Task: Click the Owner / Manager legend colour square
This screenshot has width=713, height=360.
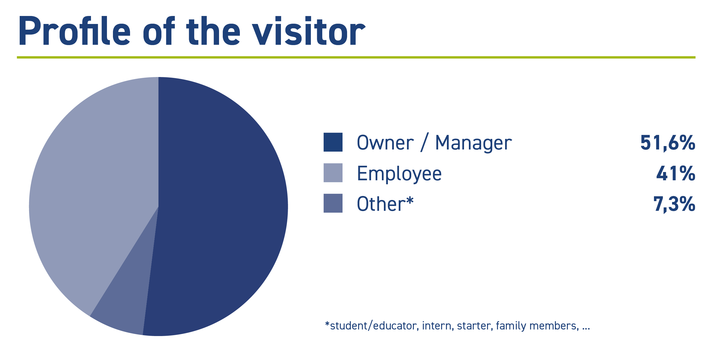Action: pos(333,142)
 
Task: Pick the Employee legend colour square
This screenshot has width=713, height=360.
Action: pos(333,173)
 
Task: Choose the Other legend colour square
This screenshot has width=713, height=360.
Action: pos(333,203)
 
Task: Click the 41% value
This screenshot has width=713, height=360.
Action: pos(676,173)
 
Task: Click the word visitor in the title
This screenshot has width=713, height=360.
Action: pos(309,31)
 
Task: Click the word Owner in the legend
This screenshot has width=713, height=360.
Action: pos(385,142)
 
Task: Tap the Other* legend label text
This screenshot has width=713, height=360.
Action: pos(385,203)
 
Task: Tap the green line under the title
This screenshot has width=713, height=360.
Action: pos(356,57)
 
